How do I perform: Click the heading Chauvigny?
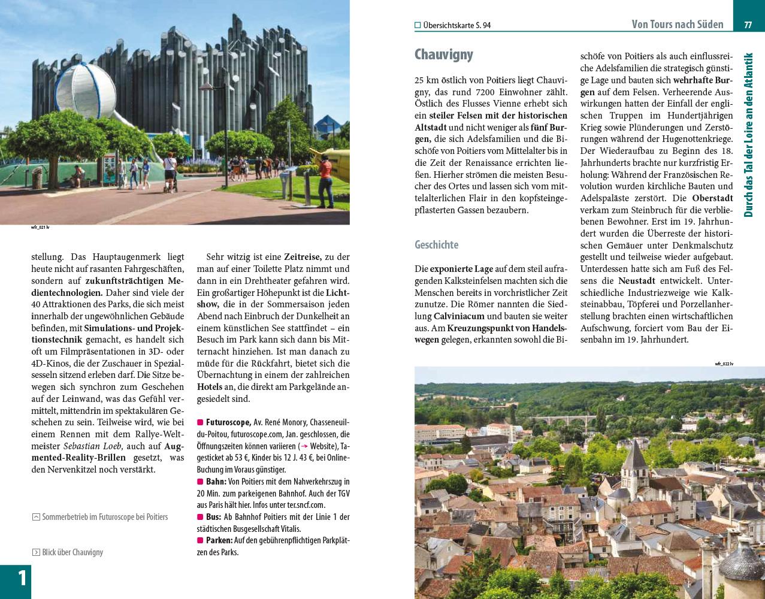pyautogui.click(x=443, y=55)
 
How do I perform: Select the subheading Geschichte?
pyautogui.click(x=436, y=244)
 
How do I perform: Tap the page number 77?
pyautogui.click(x=748, y=25)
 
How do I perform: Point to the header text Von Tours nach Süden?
pyautogui.click(x=677, y=25)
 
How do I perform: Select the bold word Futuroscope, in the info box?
pyautogui.click(x=228, y=422)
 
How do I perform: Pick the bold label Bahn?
pyautogui.click(x=216, y=482)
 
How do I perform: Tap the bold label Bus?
pyautogui.click(x=213, y=517)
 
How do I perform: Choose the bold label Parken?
pyautogui.click(x=219, y=540)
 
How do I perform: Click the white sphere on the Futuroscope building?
pyautogui.click(x=86, y=91)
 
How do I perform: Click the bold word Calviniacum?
pyautogui.click(x=459, y=316)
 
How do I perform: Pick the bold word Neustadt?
pyautogui.click(x=637, y=281)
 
